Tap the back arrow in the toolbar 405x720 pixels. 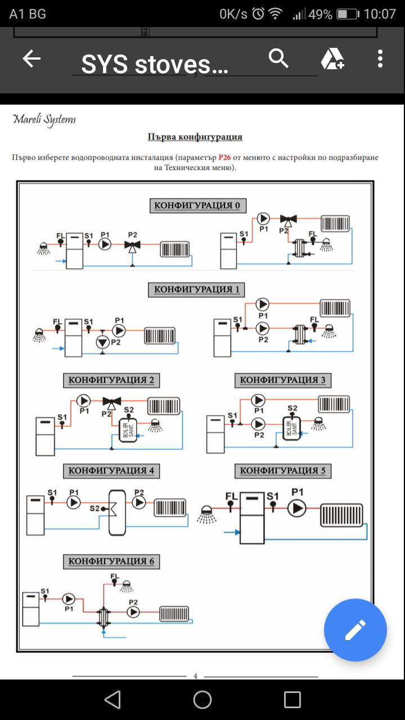click(x=31, y=59)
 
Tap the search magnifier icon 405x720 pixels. click(x=278, y=58)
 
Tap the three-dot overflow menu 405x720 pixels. click(x=381, y=58)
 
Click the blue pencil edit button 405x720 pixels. click(x=355, y=629)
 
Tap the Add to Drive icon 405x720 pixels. click(x=332, y=58)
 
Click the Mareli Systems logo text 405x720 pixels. click(x=44, y=119)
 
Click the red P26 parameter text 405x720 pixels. click(x=226, y=157)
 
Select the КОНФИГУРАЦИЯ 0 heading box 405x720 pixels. click(x=197, y=205)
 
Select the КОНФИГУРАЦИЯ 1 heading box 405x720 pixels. click(x=197, y=290)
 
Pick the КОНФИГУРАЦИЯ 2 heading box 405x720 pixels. click(x=111, y=380)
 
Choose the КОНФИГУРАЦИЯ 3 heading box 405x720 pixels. click(x=283, y=380)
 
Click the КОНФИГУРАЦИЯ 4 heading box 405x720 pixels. click(x=111, y=471)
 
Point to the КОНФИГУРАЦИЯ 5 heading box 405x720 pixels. click(x=283, y=471)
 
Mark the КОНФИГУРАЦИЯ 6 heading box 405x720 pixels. click(x=111, y=561)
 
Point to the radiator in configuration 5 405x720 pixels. click(x=343, y=516)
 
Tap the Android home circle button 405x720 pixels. click(x=202, y=700)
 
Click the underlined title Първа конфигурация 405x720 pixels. click(x=195, y=137)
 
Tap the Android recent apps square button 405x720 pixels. click(x=292, y=700)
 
